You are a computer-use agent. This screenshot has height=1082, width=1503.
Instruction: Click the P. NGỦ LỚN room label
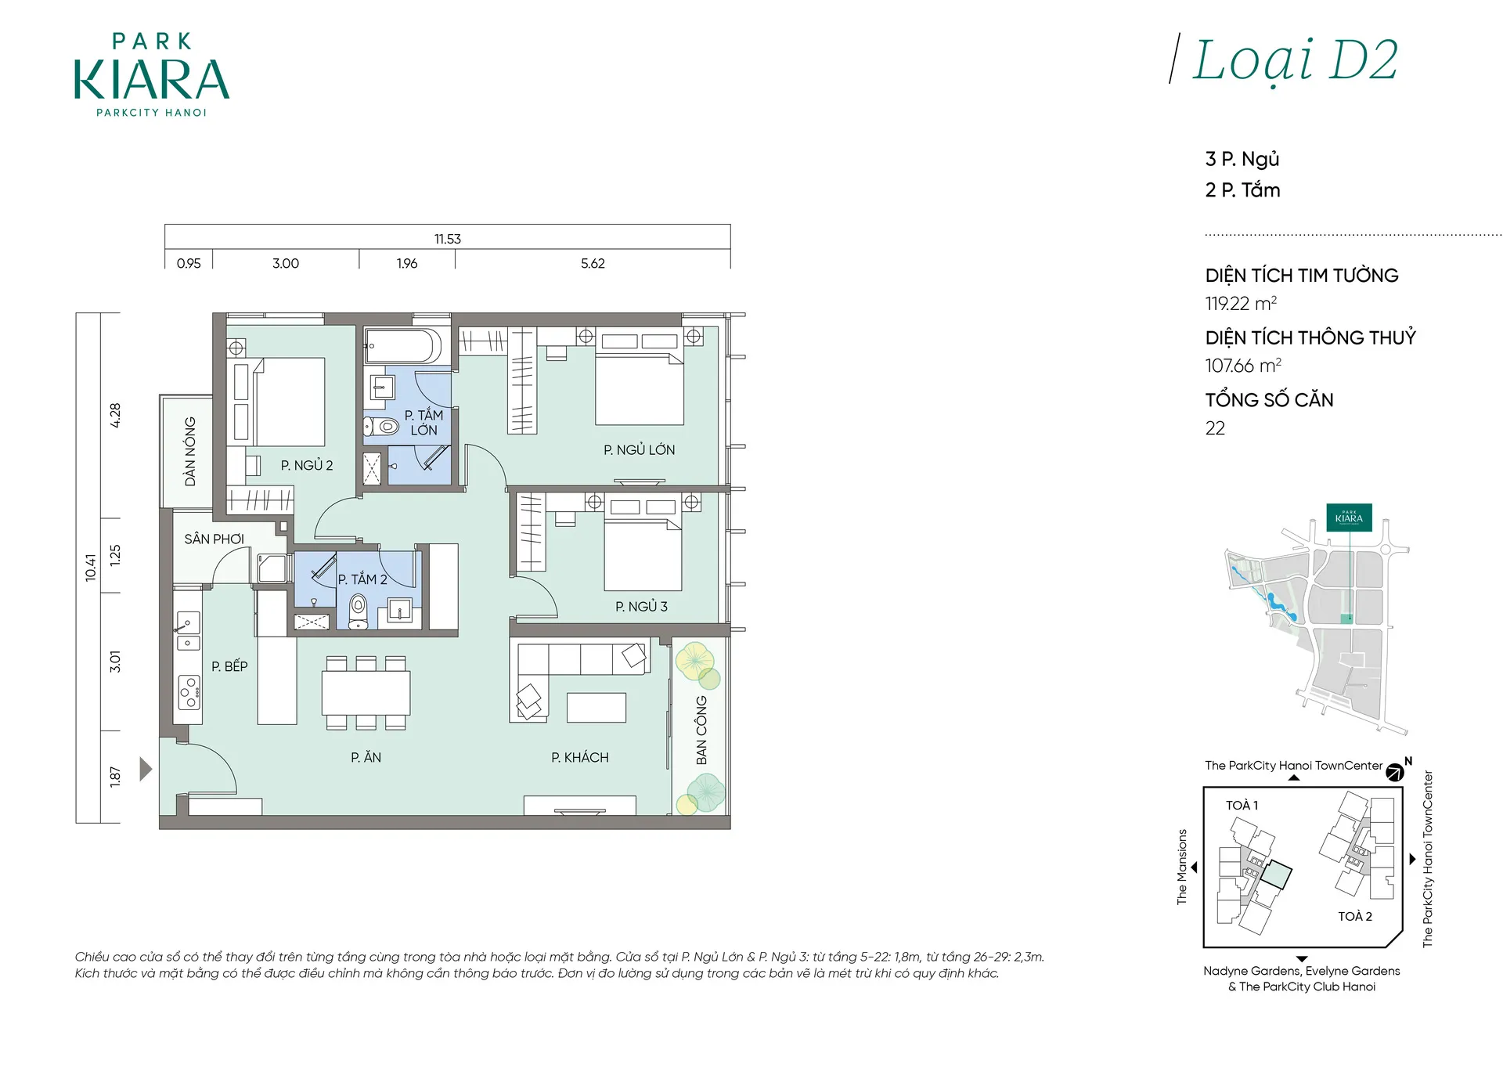pyautogui.click(x=639, y=450)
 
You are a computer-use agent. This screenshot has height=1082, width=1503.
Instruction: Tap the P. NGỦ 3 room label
pyautogui.click(x=641, y=607)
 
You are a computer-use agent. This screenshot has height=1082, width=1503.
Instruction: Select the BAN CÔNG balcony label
pyautogui.click(x=701, y=730)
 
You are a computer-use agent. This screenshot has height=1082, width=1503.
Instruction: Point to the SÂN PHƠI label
pyautogui.click(x=214, y=539)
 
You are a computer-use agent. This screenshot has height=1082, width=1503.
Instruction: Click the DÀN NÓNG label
pyautogui.click(x=190, y=452)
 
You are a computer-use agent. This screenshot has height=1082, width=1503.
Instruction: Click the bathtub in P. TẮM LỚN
pyautogui.click(x=403, y=346)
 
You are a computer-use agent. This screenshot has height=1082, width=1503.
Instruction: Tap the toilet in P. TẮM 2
pyautogui.click(x=358, y=611)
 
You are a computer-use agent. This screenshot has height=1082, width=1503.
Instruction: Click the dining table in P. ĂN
pyautogui.click(x=366, y=693)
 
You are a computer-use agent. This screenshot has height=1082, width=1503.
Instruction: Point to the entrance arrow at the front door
pyautogui.click(x=146, y=769)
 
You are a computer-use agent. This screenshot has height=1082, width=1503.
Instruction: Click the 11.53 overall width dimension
pyautogui.click(x=448, y=239)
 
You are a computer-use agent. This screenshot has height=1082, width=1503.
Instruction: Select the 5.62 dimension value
pyautogui.click(x=593, y=264)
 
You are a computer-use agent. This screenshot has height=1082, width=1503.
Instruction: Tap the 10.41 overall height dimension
pyautogui.click(x=91, y=568)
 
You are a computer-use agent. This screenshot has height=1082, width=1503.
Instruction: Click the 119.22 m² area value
pyautogui.click(x=1241, y=304)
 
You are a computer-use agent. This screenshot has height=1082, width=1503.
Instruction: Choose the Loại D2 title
pyautogui.click(x=1296, y=60)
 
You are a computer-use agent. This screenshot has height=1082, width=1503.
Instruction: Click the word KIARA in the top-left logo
pyautogui.click(x=152, y=79)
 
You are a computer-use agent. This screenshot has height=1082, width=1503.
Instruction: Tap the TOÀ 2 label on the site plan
pyautogui.click(x=1355, y=916)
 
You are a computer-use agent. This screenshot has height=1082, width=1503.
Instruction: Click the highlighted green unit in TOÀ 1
pyautogui.click(x=1276, y=875)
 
